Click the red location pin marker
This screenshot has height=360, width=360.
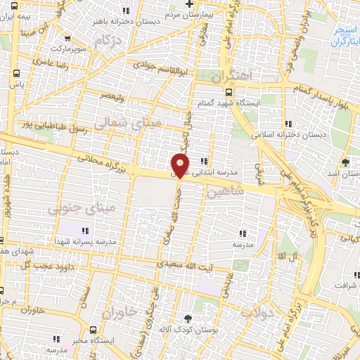click(181, 166)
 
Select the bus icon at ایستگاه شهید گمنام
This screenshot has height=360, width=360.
click(229, 91)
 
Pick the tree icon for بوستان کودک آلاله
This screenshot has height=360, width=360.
click(187, 319)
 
